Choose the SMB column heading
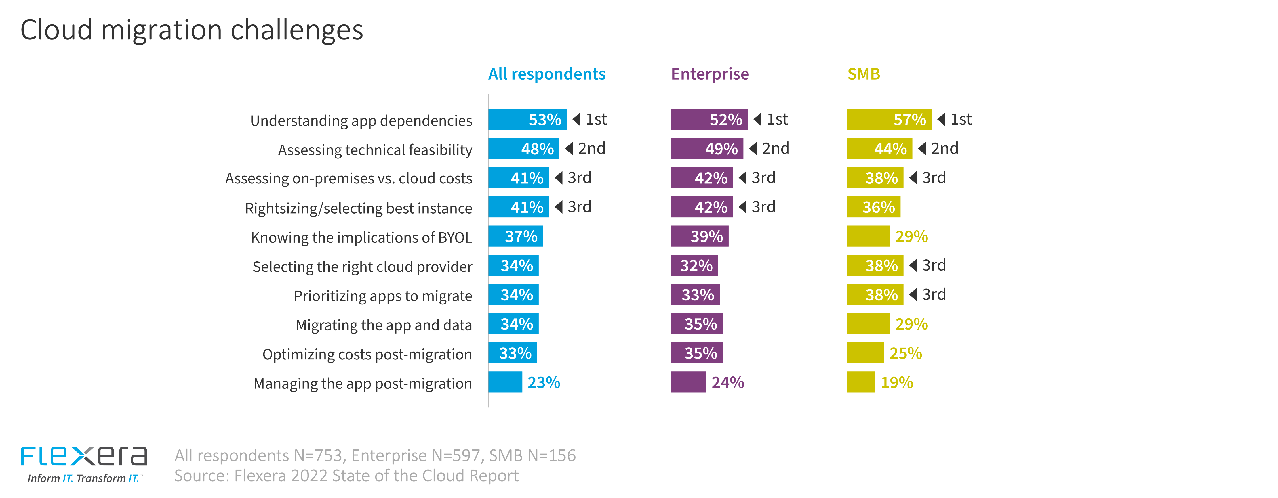click(863, 74)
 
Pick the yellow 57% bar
click(889, 119)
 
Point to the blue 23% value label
click(543, 382)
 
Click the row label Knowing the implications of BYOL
click(361, 237)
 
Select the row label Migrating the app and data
click(384, 325)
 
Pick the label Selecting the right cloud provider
click(362, 267)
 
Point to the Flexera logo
click(83, 463)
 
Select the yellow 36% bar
click(873, 207)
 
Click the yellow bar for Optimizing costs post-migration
click(865, 353)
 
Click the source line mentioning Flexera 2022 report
click(346, 476)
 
